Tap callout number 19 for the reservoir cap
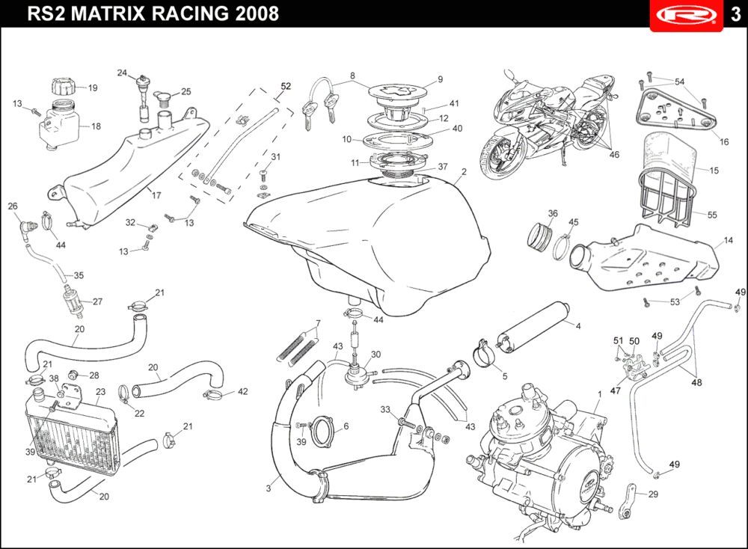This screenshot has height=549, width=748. pyautogui.click(x=93, y=88)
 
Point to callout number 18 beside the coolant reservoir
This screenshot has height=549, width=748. pyautogui.click(x=96, y=126)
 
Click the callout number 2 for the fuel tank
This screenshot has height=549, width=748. pyautogui.click(x=464, y=171)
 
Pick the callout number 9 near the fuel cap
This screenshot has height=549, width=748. pyautogui.click(x=440, y=79)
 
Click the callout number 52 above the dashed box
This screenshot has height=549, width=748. pyautogui.click(x=285, y=86)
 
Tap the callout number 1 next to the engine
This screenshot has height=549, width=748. pyautogui.click(x=599, y=393)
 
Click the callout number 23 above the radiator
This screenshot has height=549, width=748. pyautogui.click(x=100, y=391)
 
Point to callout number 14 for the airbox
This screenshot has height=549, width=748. pyautogui.click(x=727, y=241)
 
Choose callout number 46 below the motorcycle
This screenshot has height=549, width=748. pyautogui.click(x=614, y=155)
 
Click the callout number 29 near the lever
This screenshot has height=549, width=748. pyautogui.click(x=652, y=494)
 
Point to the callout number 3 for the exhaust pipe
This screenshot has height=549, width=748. pyautogui.click(x=268, y=488)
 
